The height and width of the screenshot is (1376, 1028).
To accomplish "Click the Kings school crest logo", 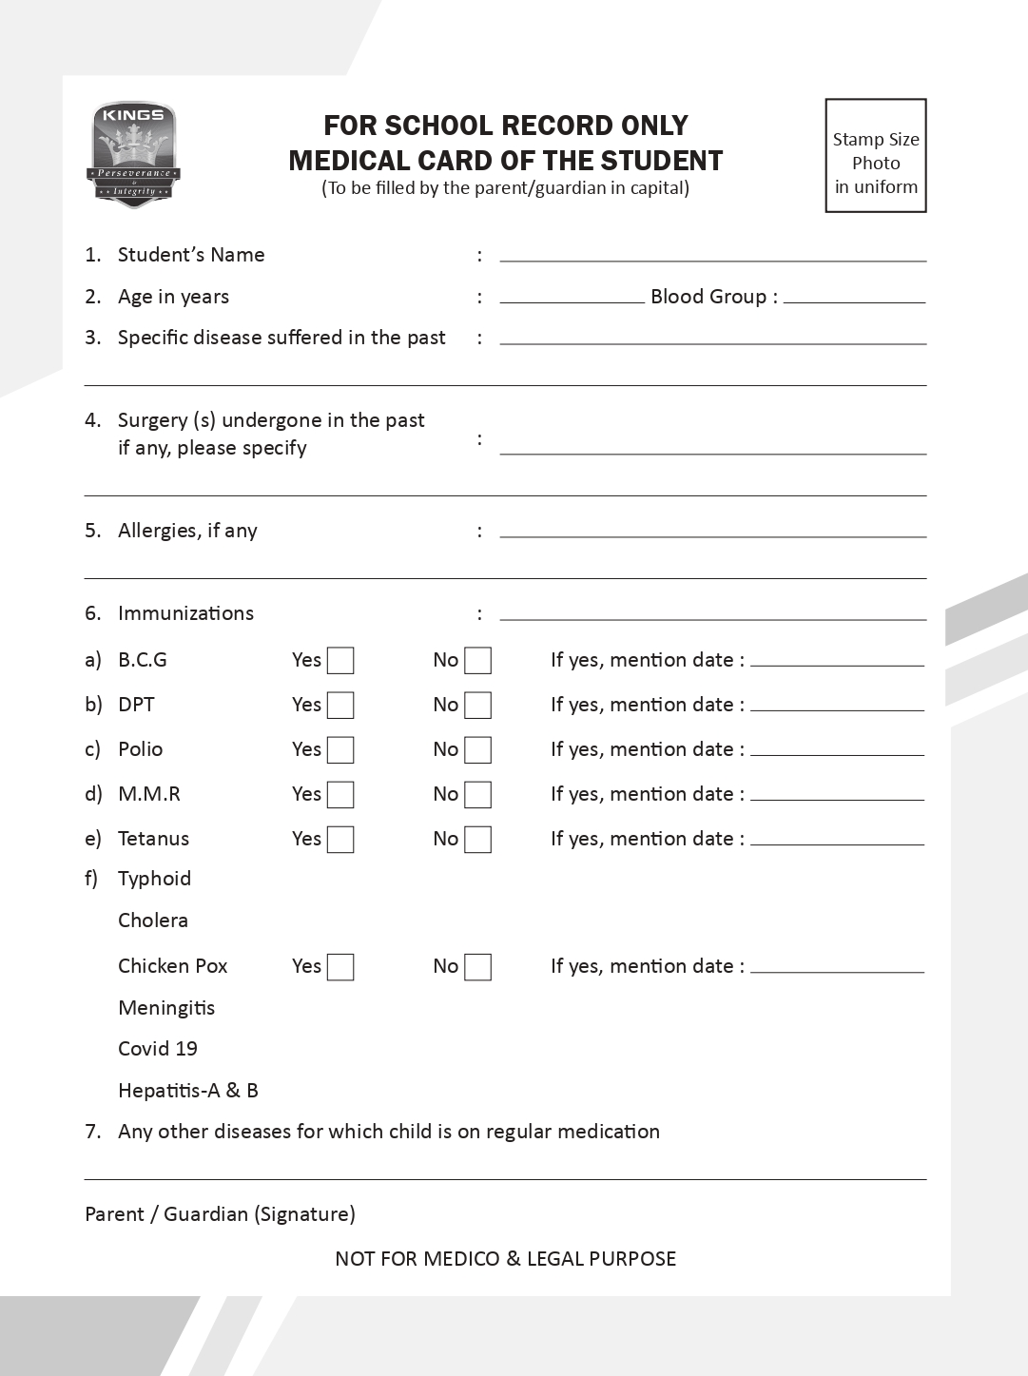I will pos(134,154).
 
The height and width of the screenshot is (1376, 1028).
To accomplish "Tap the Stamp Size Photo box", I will pos(876,156).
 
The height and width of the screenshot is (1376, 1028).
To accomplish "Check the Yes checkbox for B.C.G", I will pos(340,661).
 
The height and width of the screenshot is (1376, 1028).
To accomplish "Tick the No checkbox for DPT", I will pos(477,706).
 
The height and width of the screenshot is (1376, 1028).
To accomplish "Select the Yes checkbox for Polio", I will pos(340,750).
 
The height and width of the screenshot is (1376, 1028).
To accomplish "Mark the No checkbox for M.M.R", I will pos(477,795).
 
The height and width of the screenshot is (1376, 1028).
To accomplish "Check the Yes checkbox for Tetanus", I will pos(340,840).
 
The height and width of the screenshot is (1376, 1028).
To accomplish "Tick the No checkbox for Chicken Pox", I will pos(477,967).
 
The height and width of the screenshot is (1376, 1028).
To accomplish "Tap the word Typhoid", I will pos(154,879).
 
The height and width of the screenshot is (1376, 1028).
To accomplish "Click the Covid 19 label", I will pos(158,1049).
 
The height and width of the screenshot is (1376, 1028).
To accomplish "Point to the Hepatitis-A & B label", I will pos(188,1091).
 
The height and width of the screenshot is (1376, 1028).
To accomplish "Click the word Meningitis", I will pos(166,1008).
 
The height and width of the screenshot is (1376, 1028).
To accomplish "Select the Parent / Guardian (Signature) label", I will pos(220,1214).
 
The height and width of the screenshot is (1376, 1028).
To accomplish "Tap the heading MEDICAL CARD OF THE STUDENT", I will pos(505,161).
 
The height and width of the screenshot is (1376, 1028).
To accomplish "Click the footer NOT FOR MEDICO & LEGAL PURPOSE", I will pos(505,1259).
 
